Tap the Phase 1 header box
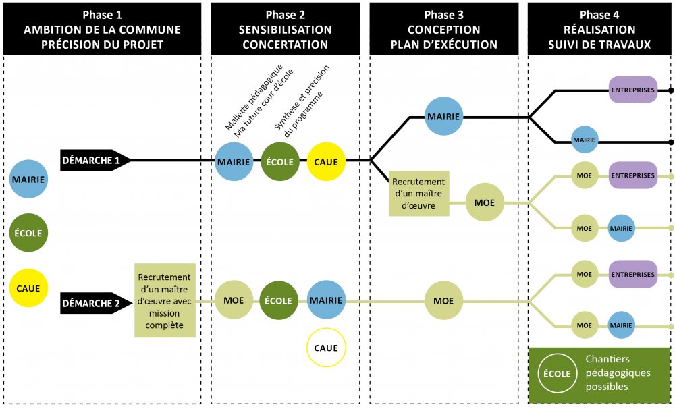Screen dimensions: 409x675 pos(103,30)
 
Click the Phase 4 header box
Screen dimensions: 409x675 pos(600,30)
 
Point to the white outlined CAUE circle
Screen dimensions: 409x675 pos(326,348)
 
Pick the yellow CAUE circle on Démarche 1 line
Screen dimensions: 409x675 pos(326,162)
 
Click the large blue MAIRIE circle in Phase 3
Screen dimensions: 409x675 pos(443,117)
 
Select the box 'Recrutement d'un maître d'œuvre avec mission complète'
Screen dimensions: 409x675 pos(165,300)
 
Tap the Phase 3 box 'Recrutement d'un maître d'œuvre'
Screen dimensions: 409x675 pos(418,193)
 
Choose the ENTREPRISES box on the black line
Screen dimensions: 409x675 pos(632,90)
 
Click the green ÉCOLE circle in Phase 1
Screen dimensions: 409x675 pos(29,234)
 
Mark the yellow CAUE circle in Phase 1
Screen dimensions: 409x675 pos(29,288)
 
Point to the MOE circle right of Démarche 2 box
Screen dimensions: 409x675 pos(234,301)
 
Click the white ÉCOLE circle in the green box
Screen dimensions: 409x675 pos(557,373)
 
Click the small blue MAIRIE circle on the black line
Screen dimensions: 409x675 pos(585,140)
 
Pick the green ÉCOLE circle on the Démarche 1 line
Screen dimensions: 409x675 pos(279,162)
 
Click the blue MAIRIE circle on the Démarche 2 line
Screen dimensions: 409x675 pos(326,300)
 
